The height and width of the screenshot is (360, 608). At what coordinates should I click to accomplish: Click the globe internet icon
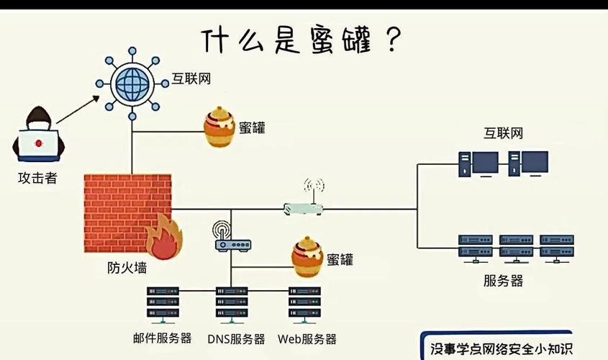pos(130,82)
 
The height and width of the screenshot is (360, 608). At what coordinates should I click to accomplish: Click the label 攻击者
pos(37,178)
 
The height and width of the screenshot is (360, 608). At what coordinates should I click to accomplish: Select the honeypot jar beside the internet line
pos(219,127)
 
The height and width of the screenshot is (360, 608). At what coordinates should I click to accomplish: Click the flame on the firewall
pos(164,238)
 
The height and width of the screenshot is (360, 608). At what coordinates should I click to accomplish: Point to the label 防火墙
pos(126,268)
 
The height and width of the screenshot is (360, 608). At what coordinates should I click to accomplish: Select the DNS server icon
pos(231,302)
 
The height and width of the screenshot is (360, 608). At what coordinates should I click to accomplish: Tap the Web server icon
pos(304,302)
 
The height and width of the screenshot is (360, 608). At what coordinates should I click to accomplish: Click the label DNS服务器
pos(236,338)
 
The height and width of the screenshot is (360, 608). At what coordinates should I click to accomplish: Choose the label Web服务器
pos(307,338)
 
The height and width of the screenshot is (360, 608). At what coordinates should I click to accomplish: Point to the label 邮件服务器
pos(162,338)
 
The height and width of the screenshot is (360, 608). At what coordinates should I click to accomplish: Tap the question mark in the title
pos(392,40)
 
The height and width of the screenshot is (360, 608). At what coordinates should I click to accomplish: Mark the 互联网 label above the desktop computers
pos(503,133)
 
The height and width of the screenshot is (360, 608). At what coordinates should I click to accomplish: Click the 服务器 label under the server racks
pos(503,280)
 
